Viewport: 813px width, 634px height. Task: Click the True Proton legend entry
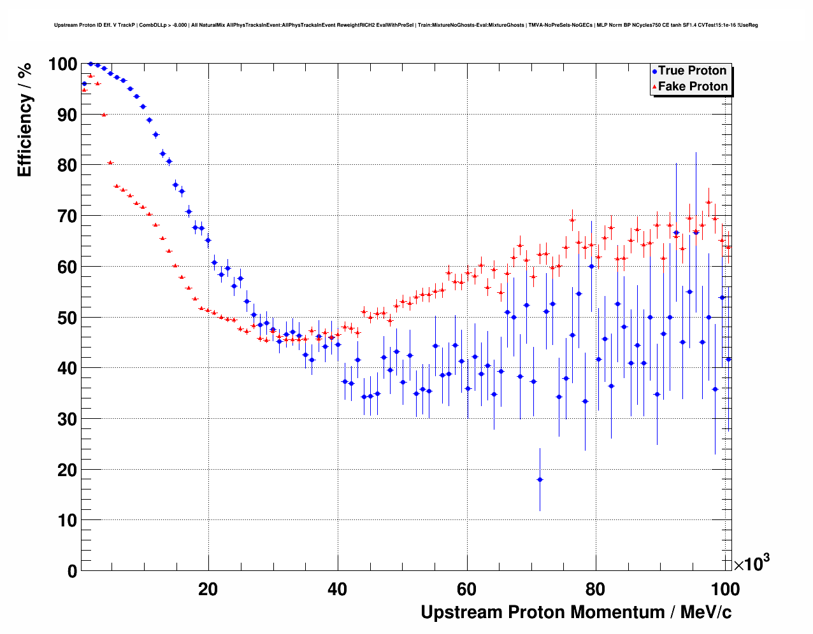coord(692,71)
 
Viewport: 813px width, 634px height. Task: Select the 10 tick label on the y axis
coord(67,521)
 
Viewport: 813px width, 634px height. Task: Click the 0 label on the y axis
coord(72,571)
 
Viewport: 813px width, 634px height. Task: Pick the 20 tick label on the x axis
coord(208,589)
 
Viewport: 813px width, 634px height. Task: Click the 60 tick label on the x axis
coord(467,589)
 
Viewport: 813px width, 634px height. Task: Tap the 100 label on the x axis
coord(725,589)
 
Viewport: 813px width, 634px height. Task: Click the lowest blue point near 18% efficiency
coord(540,479)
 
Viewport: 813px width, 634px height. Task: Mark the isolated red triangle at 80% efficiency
coord(110,162)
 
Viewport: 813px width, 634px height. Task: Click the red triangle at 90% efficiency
coord(104,115)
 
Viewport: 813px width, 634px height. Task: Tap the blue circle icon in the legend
coord(654,71)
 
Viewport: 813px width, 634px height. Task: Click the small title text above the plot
coord(406,25)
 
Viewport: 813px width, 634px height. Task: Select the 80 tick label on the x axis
coord(596,589)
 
